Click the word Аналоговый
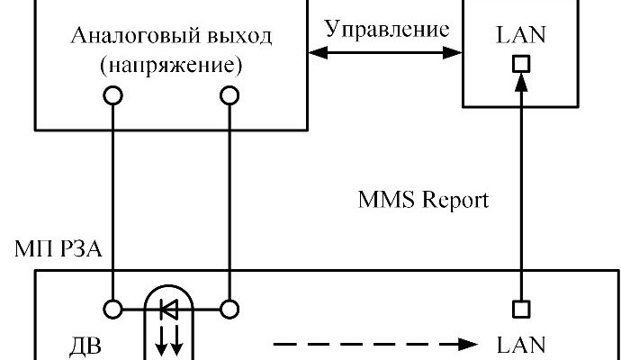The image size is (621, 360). coord(121,39)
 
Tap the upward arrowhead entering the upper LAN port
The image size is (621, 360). coord(520,81)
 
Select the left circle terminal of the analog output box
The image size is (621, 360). coord(113,94)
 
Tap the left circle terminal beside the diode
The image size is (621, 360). coord(113,309)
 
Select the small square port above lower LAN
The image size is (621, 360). coord(520,309)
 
